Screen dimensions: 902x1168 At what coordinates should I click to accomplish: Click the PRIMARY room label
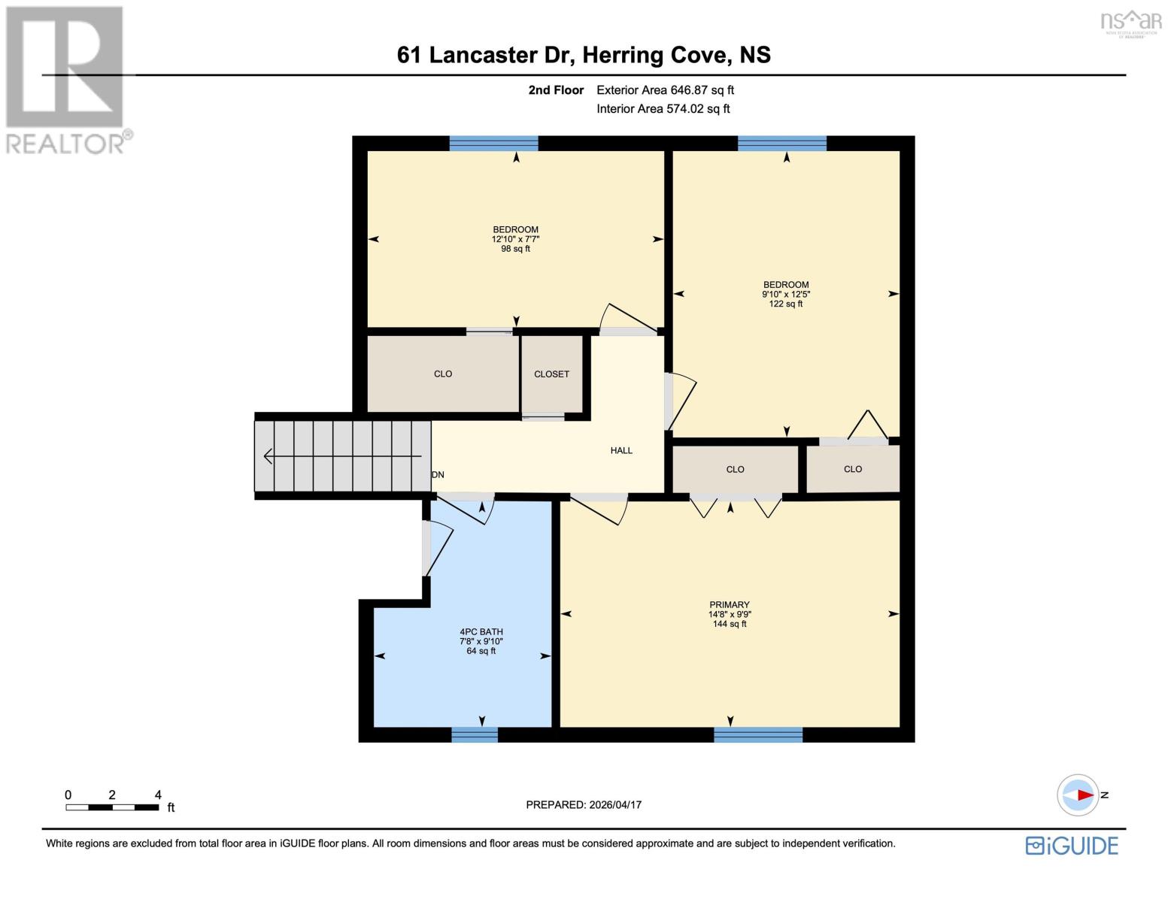tap(729, 604)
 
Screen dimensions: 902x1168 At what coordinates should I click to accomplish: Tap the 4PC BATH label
tap(481, 632)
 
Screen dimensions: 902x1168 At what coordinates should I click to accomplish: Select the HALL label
tap(621, 450)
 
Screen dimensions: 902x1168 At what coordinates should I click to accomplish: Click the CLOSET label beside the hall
tap(551, 374)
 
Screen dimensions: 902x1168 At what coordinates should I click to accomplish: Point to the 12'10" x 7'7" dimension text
tap(515, 239)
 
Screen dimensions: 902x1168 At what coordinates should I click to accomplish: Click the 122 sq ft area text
tap(786, 304)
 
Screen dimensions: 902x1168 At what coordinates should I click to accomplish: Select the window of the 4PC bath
tap(475, 734)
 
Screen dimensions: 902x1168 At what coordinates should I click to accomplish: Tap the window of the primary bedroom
tap(758, 734)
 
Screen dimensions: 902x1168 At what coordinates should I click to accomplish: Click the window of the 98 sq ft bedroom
tap(493, 144)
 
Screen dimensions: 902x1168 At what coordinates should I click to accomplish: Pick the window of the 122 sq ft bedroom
tap(782, 144)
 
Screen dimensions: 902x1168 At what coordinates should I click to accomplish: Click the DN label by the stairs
tap(438, 475)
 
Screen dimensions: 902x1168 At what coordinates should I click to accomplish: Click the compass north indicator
tap(1079, 795)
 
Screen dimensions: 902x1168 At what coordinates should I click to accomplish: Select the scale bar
tap(112, 807)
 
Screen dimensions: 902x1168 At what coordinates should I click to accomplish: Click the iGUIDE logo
tap(1072, 846)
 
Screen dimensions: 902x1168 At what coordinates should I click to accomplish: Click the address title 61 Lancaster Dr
tap(584, 55)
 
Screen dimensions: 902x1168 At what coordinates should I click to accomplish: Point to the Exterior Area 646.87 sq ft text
tap(665, 90)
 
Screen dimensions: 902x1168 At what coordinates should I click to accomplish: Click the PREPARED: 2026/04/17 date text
tap(584, 805)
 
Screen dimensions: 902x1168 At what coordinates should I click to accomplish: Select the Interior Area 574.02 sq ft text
tap(663, 109)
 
